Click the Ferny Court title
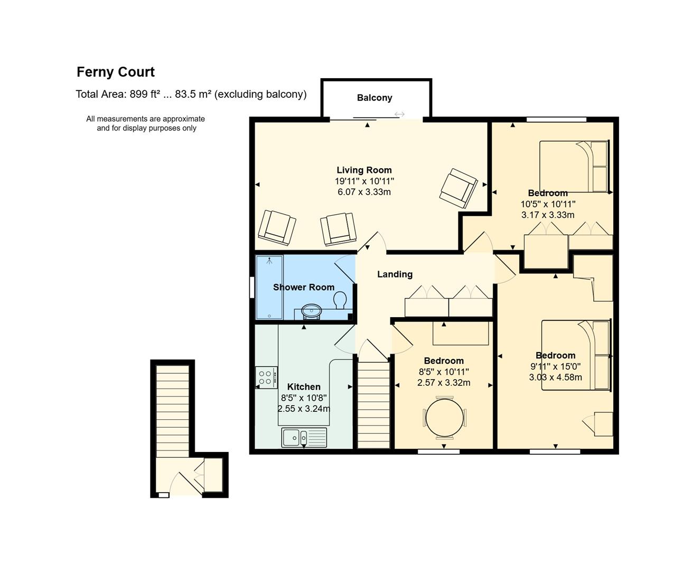116,72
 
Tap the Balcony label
375,98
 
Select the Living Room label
364,170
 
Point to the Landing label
395,274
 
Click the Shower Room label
304,287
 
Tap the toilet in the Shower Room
340,300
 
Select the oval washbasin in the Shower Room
311,311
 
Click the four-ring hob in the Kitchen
266,377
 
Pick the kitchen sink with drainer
304,437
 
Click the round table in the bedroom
444,418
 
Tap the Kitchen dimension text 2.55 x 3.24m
304,409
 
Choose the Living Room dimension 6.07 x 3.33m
364,192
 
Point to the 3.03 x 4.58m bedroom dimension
556,377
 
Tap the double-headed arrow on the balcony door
399,115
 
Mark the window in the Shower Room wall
252,287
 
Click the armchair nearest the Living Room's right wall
459,188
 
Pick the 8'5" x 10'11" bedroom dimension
444,372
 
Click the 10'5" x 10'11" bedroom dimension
548,204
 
